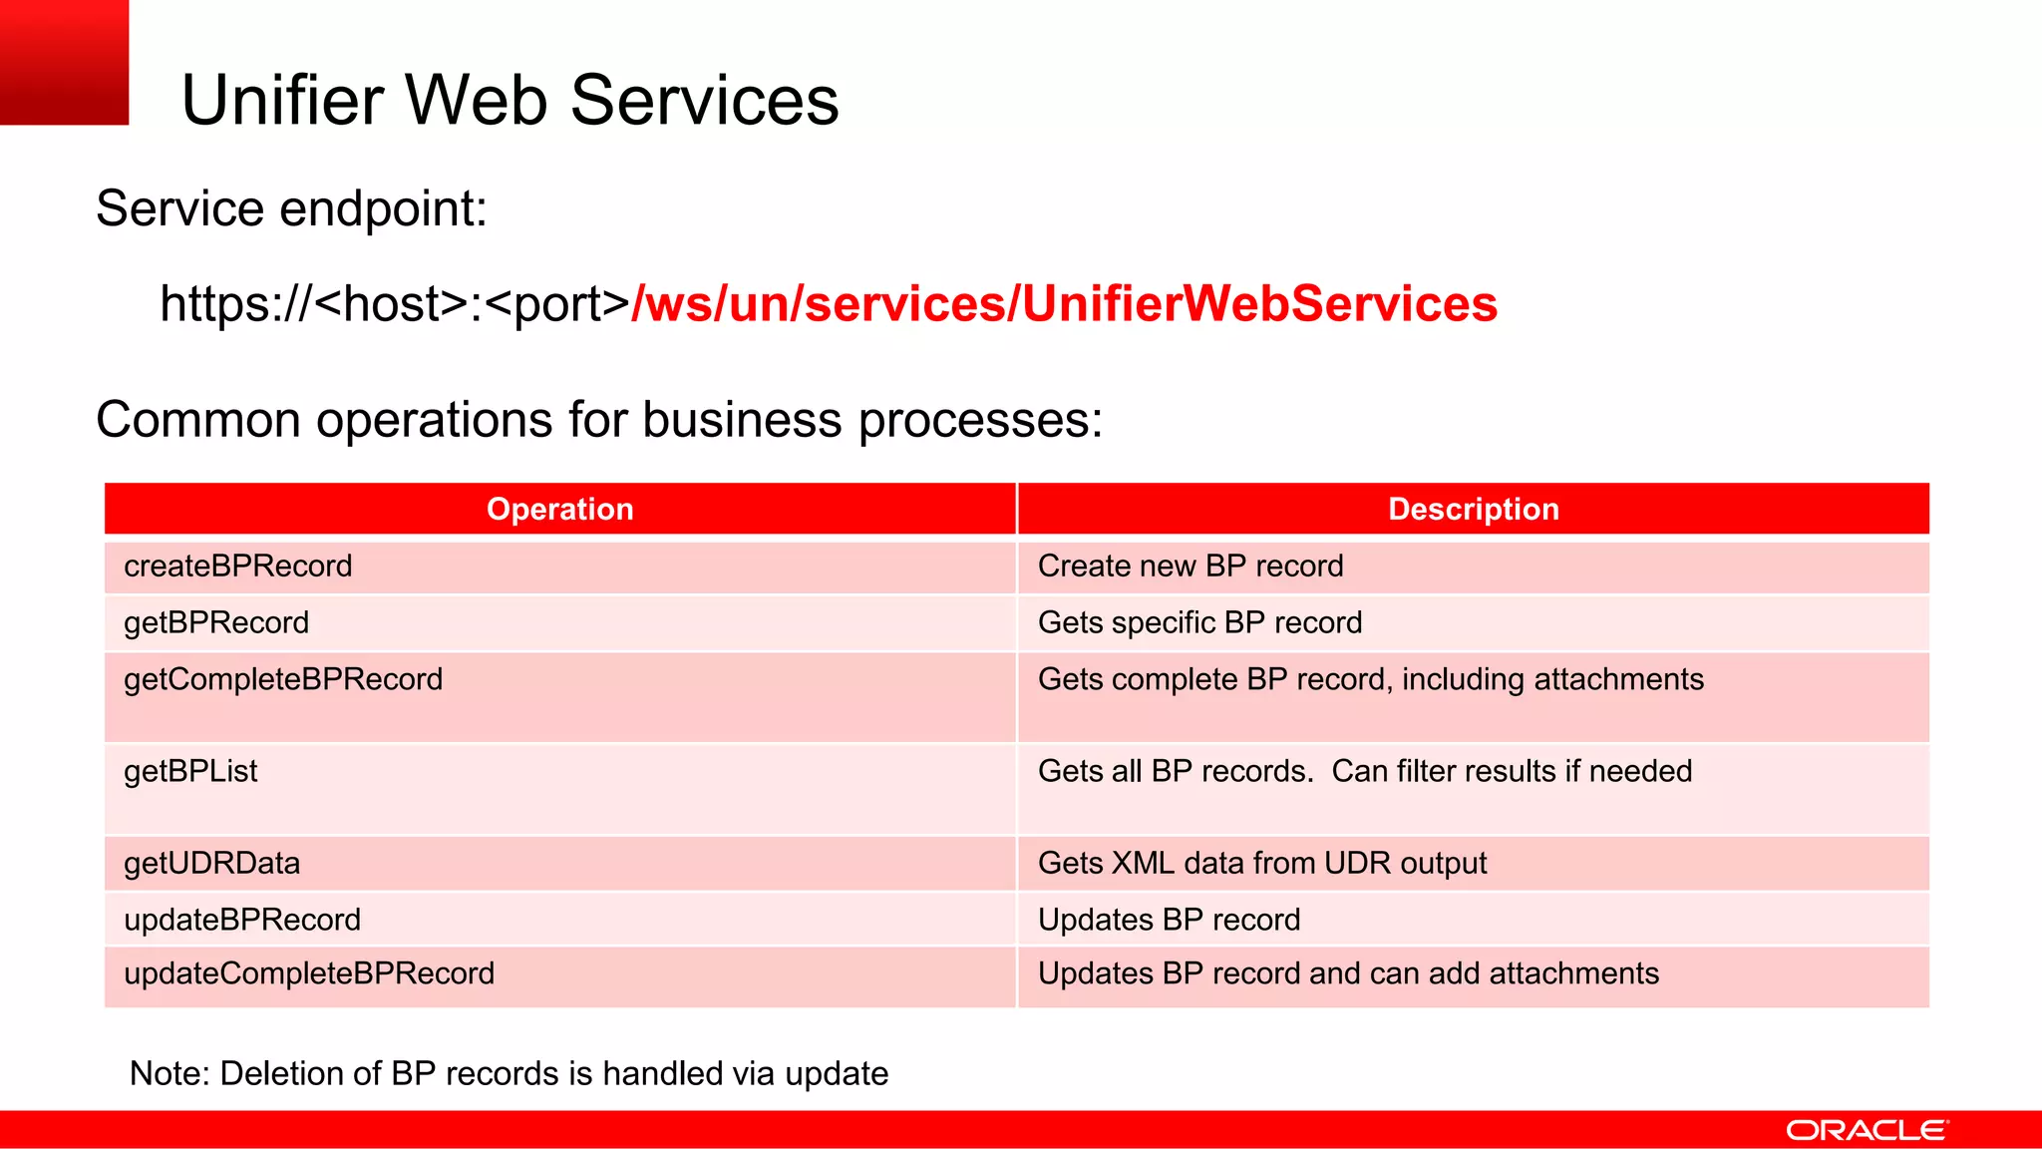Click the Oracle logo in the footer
pos(1866,1130)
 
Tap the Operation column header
pos(559,509)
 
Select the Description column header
pos(1473,509)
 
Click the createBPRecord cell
pos(238,566)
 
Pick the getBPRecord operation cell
pos(216,622)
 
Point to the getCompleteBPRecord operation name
pos(283,679)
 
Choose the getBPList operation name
pos(190,771)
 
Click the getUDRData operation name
pos(211,863)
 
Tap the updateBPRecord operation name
pos(242,920)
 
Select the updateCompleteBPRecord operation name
pos(309,973)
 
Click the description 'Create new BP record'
pos(1191,566)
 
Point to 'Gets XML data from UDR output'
pos(1262,863)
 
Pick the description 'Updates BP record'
pos(1169,920)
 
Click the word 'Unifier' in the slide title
pos(282,101)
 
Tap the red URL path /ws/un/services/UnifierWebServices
pos(1064,304)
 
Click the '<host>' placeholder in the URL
pos(391,304)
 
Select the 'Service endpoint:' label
pos(291,208)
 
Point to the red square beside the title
pos(64,62)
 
